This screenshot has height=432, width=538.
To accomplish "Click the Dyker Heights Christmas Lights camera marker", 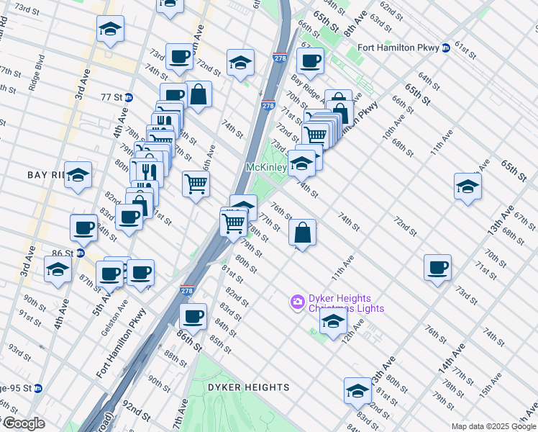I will tap(297, 301).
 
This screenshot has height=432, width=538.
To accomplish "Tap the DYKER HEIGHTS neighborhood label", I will tap(248, 387).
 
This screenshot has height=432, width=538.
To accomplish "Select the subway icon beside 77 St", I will tap(129, 97).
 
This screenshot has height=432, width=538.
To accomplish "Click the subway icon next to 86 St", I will tap(81, 253).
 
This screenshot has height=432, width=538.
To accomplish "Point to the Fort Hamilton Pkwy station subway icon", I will tap(445, 48).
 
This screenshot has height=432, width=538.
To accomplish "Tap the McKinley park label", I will tap(266, 167).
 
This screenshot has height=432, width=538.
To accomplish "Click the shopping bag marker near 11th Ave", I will tap(303, 232).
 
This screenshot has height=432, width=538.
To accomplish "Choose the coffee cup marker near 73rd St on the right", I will tap(437, 268).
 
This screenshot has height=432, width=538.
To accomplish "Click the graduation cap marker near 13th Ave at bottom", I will tap(357, 391).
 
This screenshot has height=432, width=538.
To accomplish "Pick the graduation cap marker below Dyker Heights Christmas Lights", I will tap(333, 323).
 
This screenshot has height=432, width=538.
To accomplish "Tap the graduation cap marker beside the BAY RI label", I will tap(78, 175).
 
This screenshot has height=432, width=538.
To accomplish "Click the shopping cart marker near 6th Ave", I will tap(196, 184).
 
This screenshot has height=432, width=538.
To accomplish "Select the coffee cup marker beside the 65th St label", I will tap(310, 60).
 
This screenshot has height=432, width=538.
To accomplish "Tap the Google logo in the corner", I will tap(24, 423).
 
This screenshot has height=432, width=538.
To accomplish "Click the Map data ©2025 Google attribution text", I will tap(493, 426).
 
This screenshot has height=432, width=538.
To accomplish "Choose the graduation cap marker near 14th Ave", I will tap(468, 186).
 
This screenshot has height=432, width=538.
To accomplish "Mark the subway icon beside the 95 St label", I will tap(38, 388).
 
